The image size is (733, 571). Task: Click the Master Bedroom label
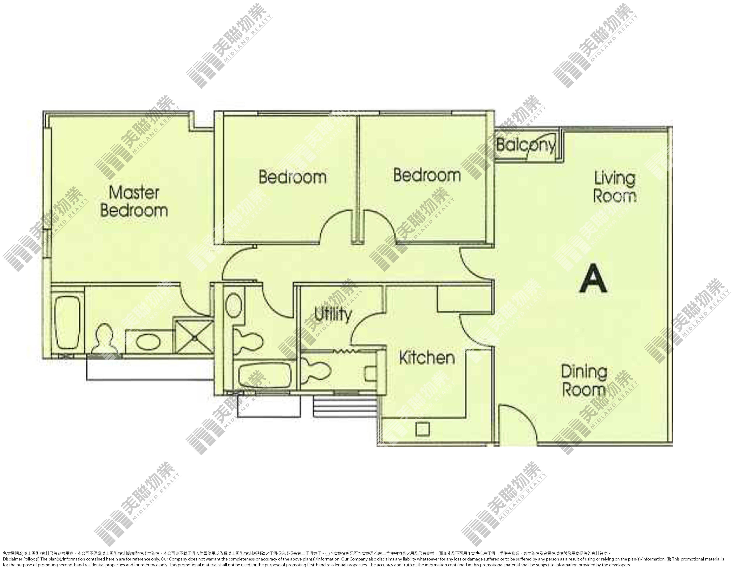134,201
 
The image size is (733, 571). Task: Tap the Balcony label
526,145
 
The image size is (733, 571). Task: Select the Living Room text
615,187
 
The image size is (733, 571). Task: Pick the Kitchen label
427,358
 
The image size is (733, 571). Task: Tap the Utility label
333,314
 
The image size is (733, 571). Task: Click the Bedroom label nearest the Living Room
427,175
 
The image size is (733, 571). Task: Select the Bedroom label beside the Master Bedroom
292,177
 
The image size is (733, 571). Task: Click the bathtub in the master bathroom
68,318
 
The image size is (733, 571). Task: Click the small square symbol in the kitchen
423,429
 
